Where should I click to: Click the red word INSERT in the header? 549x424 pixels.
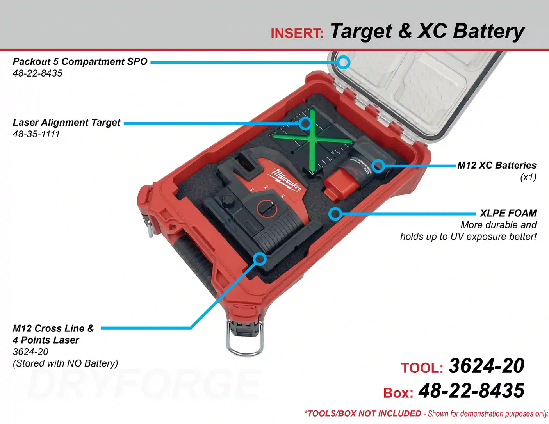pyautogui.click(x=297, y=33)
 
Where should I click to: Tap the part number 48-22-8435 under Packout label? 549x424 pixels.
pyautogui.click(x=37, y=73)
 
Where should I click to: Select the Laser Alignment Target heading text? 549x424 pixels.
pyautogui.click(x=67, y=123)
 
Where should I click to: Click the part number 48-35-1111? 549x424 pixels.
pyautogui.click(x=36, y=134)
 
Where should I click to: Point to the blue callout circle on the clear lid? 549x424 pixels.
pyautogui.click(x=344, y=62)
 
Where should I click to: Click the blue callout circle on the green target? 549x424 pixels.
pyautogui.click(x=305, y=123)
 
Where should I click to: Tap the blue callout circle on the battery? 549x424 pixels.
pyautogui.click(x=378, y=166)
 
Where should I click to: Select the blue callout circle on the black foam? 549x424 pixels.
pyautogui.click(x=335, y=214)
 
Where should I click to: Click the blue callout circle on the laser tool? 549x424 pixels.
pyautogui.click(x=260, y=259)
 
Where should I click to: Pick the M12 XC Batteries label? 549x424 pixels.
pyautogui.click(x=497, y=166)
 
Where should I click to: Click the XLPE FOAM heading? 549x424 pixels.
pyautogui.click(x=508, y=213)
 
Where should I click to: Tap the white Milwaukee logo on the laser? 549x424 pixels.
pyautogui.click(x=287, y=180)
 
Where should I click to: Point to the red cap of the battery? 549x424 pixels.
pyautogui.click(x=339, y=184)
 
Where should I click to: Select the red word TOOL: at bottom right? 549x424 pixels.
pyautogui.click(x=422, y=368)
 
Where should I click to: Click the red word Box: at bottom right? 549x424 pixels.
pyautogui.click(x=398, y=393)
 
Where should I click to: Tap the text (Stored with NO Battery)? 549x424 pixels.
pyautogui.click(x=66, y=363)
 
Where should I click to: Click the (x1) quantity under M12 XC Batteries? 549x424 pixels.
pyautogui.click(x=528, y=177)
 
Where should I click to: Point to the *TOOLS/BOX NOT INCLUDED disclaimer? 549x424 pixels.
pyautogui.click(x=363, y=413)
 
